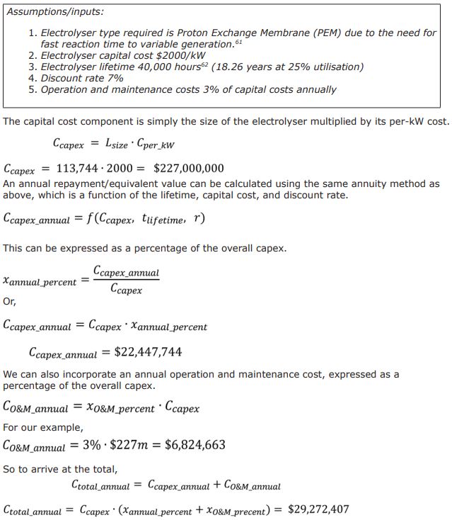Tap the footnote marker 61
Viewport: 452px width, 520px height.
[x=238, y=41]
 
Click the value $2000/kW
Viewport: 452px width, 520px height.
[x=182, y=55]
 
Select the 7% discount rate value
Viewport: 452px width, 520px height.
[x=114, y=78]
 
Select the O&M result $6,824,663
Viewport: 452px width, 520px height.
[x=195, y=445]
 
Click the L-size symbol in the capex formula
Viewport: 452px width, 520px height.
[x=117, y=144]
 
